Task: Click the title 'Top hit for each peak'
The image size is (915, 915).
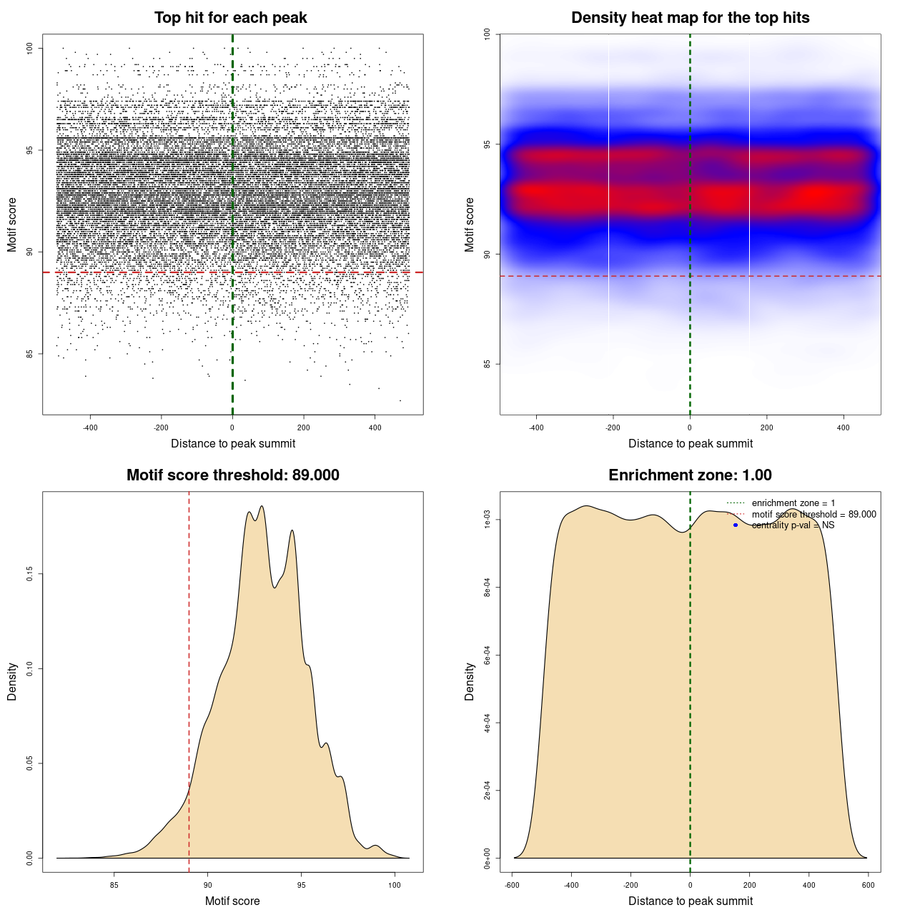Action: point(230,18)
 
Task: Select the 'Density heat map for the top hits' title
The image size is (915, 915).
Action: point(690,18)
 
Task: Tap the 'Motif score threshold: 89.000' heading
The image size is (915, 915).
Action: point(232,475)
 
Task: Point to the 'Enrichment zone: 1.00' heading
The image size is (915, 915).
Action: point(690,475)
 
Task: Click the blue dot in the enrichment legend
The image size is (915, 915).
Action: point(736,525)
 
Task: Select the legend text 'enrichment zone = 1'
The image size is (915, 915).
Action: point(793,503)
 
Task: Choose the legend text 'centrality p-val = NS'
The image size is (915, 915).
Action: point(793,525)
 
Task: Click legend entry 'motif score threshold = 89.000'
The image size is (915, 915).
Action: point(813,515)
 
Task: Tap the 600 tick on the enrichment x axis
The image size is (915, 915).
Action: point(868,885)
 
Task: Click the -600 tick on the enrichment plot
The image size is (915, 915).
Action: point(512,885)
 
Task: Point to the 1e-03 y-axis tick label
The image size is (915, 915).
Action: point(488,520)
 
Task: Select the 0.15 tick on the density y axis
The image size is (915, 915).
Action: point(30,574)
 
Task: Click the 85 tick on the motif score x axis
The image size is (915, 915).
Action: point(114,885)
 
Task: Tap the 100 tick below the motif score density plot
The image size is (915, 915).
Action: point(395,885)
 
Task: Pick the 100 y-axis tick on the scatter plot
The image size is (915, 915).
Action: point(30,48)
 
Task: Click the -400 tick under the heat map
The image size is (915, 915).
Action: point(536,427)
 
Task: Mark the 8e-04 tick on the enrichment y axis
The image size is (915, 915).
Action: point(488,588)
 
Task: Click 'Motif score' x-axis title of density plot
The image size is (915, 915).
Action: point(232,901)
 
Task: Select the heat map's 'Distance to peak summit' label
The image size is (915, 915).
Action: point(690,443)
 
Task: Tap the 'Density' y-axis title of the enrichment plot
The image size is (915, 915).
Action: point(470,681)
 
